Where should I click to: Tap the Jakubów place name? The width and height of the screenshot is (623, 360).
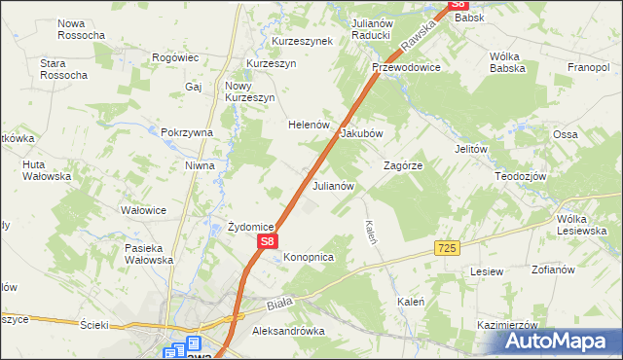click(x=361, y=134)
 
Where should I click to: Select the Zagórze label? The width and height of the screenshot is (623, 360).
click(x=402, y=165)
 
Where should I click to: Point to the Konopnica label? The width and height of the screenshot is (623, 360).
click(x=309, y=257)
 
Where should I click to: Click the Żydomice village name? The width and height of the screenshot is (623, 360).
click(x=250, y=227)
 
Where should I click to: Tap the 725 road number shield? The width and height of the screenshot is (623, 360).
click(x=447, y=250)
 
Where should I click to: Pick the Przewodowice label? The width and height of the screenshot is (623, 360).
click(x=406, y=68)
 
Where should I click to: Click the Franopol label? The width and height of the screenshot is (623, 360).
click(x=589, y=68)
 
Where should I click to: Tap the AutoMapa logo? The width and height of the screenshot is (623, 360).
click(x=559, y=342)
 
